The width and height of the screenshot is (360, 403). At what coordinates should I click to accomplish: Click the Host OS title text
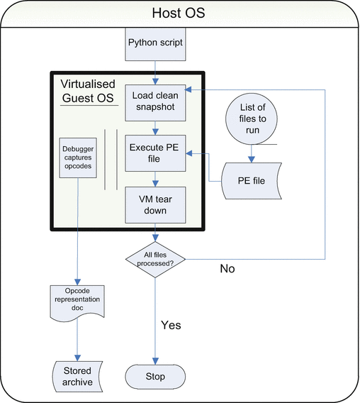179,13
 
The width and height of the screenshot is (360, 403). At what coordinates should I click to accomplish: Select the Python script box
155,44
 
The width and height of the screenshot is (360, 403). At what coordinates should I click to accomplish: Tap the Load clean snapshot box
155,103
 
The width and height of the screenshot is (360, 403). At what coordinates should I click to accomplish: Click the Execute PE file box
155,153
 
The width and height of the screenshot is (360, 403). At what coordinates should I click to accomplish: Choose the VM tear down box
155,205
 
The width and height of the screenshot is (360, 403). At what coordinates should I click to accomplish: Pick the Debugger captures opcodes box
78,158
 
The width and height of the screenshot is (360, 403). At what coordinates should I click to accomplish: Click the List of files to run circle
252,118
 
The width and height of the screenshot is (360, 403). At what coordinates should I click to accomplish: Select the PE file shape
252,181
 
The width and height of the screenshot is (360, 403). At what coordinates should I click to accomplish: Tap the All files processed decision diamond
155,260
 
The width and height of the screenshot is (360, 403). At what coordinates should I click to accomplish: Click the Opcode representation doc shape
77,302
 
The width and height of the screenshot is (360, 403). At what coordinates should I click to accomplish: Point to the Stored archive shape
77,377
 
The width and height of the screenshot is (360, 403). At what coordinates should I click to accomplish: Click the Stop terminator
155,377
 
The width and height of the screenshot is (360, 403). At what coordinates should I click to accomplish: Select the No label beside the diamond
227,269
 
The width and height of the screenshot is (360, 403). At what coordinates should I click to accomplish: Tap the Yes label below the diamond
171,325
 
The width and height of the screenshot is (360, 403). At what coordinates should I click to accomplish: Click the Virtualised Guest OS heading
88,91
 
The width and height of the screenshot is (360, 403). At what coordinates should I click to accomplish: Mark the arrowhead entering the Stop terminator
155,361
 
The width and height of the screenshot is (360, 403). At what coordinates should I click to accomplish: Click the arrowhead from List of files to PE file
252,159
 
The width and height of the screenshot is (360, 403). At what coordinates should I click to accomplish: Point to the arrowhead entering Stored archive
77,358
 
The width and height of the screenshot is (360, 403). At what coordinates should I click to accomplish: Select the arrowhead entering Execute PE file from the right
189,153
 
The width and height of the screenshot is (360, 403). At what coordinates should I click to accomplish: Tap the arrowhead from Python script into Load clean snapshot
155,82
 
